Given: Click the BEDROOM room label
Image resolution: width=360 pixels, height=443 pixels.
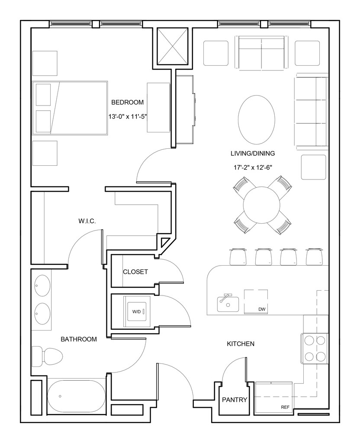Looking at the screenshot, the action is [x=128, y=102].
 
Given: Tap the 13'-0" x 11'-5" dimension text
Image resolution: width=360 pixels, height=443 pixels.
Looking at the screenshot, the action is [x=128, y=116].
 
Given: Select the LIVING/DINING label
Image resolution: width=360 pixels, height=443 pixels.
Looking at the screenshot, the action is [x=253, y=154].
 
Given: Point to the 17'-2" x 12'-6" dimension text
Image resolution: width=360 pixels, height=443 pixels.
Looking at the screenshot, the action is [x=253, y=167].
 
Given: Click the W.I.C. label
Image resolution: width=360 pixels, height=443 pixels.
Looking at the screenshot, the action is [x=87, y=221].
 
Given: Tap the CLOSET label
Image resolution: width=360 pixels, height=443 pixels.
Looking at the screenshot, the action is [x=135, y=272].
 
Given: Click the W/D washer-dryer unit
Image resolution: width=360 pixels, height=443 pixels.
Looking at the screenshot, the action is [x=136, y=311].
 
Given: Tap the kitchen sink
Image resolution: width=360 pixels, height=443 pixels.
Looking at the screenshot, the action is [x=228, y=303].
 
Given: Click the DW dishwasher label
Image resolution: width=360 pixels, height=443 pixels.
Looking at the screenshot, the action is [x=262, y=309].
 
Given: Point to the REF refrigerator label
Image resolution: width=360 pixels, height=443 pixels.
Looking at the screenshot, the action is [x=285, y=408].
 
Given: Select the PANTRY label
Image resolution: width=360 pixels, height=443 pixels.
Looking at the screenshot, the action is [x=235, y=400].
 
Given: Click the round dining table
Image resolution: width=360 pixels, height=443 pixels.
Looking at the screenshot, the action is [x=261, y=205].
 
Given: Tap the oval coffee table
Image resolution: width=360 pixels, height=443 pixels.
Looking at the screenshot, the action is [x=256, y=120].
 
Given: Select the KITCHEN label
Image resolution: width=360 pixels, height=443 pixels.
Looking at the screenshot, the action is [x=241, y=344].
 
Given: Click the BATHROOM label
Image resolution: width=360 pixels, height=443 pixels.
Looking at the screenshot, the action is [x=79, y=339].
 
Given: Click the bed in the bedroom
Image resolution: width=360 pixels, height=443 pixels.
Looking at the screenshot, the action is [x=70, y=108].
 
